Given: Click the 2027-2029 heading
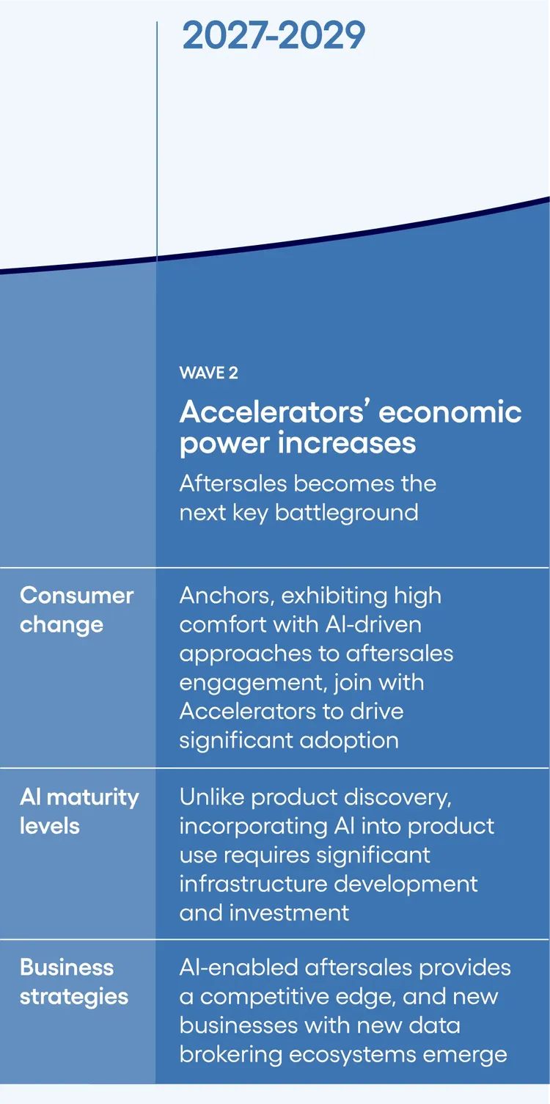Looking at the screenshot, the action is coord(274,36).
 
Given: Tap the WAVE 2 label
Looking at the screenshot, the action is coord(208,373).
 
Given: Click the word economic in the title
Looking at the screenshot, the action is coord(450,412).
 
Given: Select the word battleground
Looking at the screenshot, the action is coord(346,513).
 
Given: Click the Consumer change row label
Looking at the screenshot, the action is coord(76,610).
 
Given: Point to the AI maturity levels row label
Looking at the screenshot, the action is coord(79,811).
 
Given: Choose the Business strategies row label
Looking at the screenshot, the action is coord(74,982).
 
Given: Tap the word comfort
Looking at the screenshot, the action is coord(223,624).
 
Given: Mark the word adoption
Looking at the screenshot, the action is coord(349,741).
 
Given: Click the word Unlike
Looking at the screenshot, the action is coord(212,797).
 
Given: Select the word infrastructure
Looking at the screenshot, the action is coord(253,884).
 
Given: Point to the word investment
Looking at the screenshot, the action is coord(289,913).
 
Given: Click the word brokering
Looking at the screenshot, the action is coord(231,1056).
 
